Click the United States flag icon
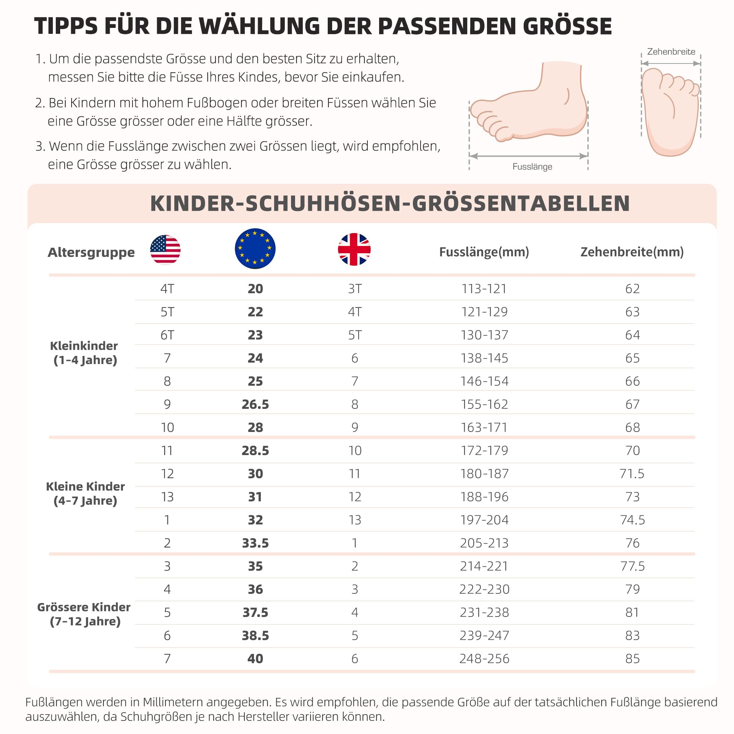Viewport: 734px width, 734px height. (165, 250)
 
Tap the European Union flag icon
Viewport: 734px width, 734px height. (255, 248)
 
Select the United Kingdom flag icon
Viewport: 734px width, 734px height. (354, 249)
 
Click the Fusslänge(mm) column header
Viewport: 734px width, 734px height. (484, 252)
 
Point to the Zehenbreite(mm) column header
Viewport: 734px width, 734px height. (632, 252)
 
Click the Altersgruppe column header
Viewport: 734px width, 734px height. (91, 252)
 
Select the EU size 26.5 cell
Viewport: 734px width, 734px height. (255, 404)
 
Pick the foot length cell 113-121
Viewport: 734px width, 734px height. (484, 289)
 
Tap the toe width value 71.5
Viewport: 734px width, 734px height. (632, 474)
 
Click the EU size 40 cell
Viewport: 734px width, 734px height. (255, 659)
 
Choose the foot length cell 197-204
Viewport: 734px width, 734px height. (484, 520)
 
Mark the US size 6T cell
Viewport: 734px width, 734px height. (167, 335)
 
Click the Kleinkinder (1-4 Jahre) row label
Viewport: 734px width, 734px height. (85, 353)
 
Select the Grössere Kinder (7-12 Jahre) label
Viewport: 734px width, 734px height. (84, 614)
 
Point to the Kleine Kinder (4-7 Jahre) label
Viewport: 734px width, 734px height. (85, 494)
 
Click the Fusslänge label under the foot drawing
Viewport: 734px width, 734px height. (532, 167)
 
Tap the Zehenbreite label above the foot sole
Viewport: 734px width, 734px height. (671, 52)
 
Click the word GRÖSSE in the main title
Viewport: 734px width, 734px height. (567, 26)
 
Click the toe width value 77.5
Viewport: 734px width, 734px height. (632, 566)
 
